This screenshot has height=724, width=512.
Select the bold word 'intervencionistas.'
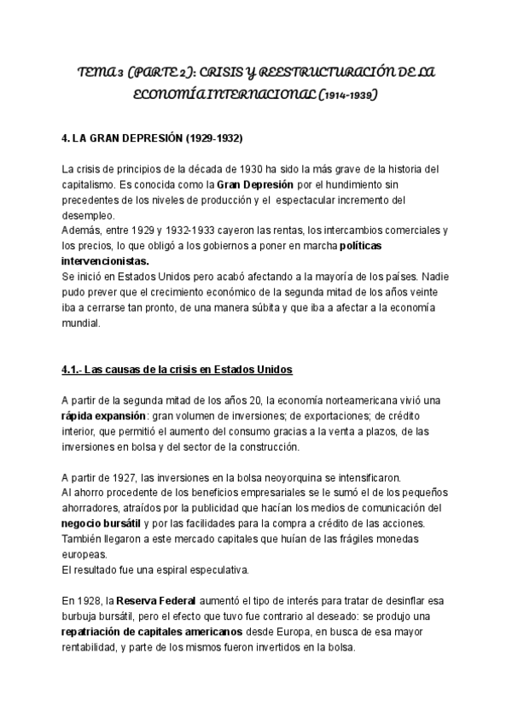pyautogui.click(x=106, y=261)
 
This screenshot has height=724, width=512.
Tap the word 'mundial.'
pyautogui.click(x=82, y=323)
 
